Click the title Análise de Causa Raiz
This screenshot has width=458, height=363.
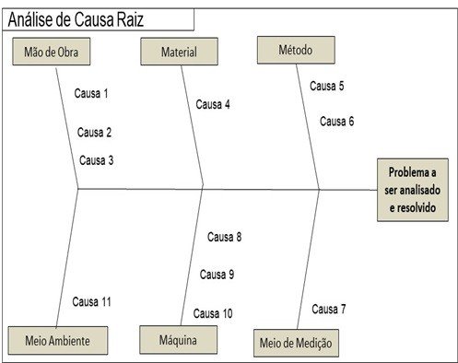tap(76, 18)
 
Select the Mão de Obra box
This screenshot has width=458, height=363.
tap(51, 52)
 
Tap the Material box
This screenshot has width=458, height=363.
tap(179, 53)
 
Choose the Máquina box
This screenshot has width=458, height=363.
tap(178, 340)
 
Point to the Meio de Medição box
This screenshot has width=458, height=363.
tap(295, 344)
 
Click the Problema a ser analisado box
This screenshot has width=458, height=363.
tap(412, 191)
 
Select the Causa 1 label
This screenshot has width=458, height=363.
tap(91, 94)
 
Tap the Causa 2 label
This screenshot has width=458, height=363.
tap(95, 133)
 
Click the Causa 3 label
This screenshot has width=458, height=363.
tap(97, 160)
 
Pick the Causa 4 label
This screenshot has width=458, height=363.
tap(213, 104)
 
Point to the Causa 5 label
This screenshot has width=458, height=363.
tap(327, 87)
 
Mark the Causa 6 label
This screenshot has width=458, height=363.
tap(337, 122)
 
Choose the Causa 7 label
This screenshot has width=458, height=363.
tap(329, 310)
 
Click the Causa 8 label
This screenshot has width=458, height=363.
tap(225, 238)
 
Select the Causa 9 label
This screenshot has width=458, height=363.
tap(217, 275)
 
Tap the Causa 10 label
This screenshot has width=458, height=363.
tap(213, 314)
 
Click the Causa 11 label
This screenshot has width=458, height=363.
tap(92, 302)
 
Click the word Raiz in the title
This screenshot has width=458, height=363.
tap(124, 18)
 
